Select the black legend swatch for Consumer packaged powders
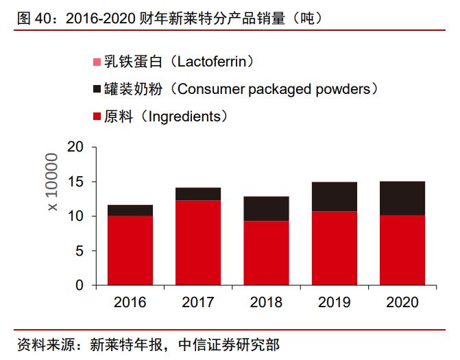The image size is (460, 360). (x=96, y=90)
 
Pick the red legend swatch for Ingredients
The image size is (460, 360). (x=96, y=117)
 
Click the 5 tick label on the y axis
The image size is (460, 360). (x=79, y=251)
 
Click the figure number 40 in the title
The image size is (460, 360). (x=43, y=19)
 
